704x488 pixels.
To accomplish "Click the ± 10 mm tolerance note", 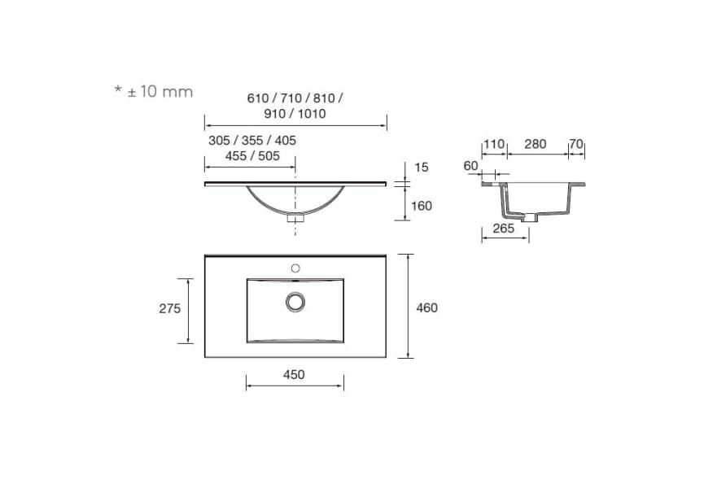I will (x=154, y=91).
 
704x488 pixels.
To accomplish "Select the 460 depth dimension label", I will (x=426, y=307).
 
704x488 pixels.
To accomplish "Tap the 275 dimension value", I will (x=169, y=309).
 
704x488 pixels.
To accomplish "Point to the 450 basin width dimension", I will (x=294, y=375).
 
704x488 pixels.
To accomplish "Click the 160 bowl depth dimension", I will (x=421, y=206).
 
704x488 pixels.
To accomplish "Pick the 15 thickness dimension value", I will (x=421, y=167).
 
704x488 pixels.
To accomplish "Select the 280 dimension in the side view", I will (x=535, y=145).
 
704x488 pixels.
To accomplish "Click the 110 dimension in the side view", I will (x=495, y=145).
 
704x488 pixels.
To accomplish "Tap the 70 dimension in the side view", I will (x=576, y=145).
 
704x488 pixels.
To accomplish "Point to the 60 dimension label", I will (x=470, y=166).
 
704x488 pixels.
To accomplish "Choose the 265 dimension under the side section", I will (x=503, y=229).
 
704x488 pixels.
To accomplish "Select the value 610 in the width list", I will (x=258, y=98).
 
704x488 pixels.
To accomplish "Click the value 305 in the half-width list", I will (x=220, y=141).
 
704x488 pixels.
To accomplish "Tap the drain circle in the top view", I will (x=295, y=302).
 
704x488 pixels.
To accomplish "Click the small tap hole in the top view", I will (x=295, y=268).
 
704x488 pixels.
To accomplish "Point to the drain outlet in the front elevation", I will (x=295, y=217).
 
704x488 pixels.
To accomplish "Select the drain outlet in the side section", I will (x=531, y=217).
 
